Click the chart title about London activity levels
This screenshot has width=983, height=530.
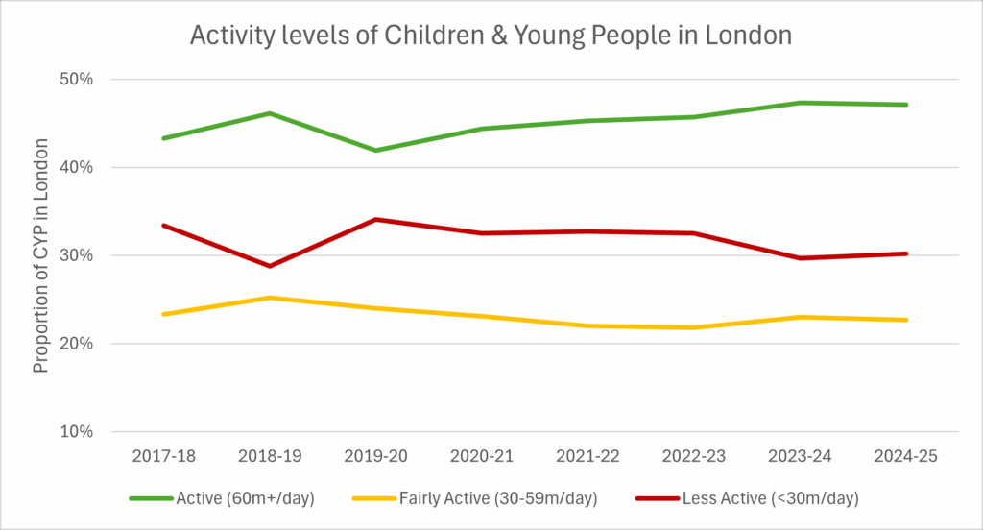(x=491, y=36)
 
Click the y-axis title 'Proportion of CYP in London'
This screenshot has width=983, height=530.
(x=41, y=256)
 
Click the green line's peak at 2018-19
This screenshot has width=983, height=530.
(x=270, y=113)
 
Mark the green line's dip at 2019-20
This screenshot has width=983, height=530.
(x=375, y=151)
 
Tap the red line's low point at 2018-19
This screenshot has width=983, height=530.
(x=270, y=266)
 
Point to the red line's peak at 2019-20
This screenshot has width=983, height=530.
(x=375, y=219)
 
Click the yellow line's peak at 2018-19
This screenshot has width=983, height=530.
(x=270, y=298)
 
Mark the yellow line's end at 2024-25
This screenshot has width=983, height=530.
(x=906, y=320)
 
